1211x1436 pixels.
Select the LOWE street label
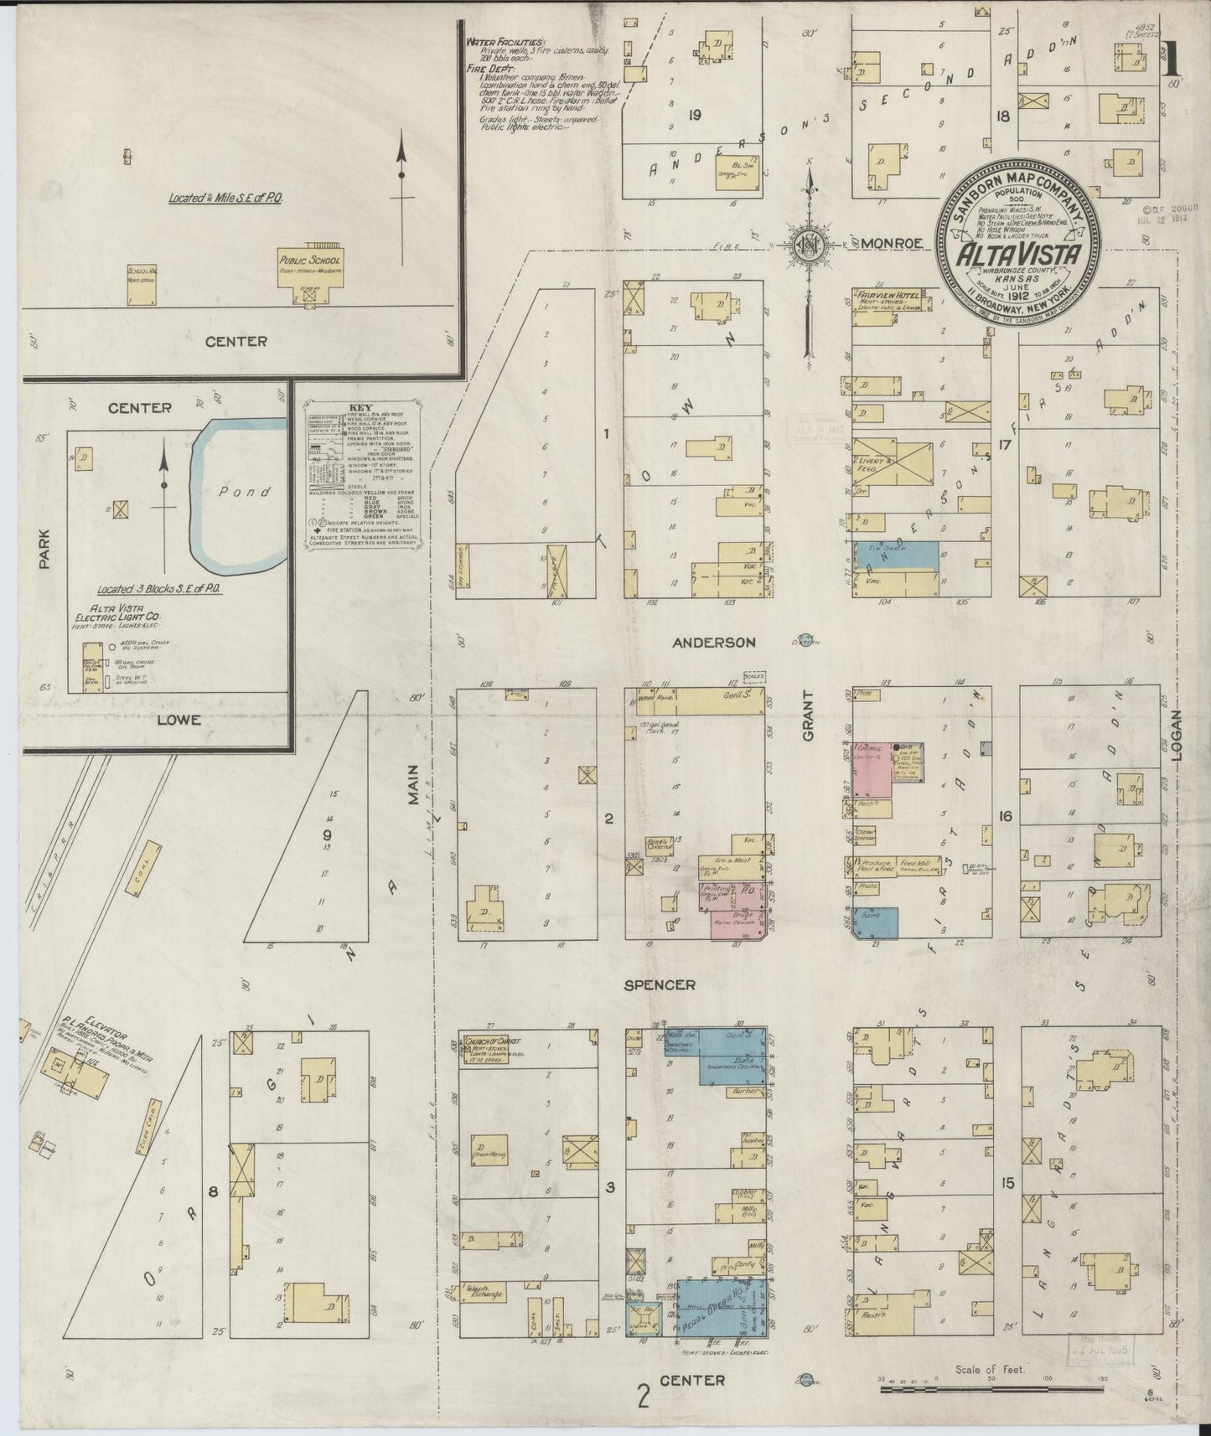[178, 719]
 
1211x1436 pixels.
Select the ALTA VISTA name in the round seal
[1017, 252]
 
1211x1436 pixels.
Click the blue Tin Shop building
[895, 554]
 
